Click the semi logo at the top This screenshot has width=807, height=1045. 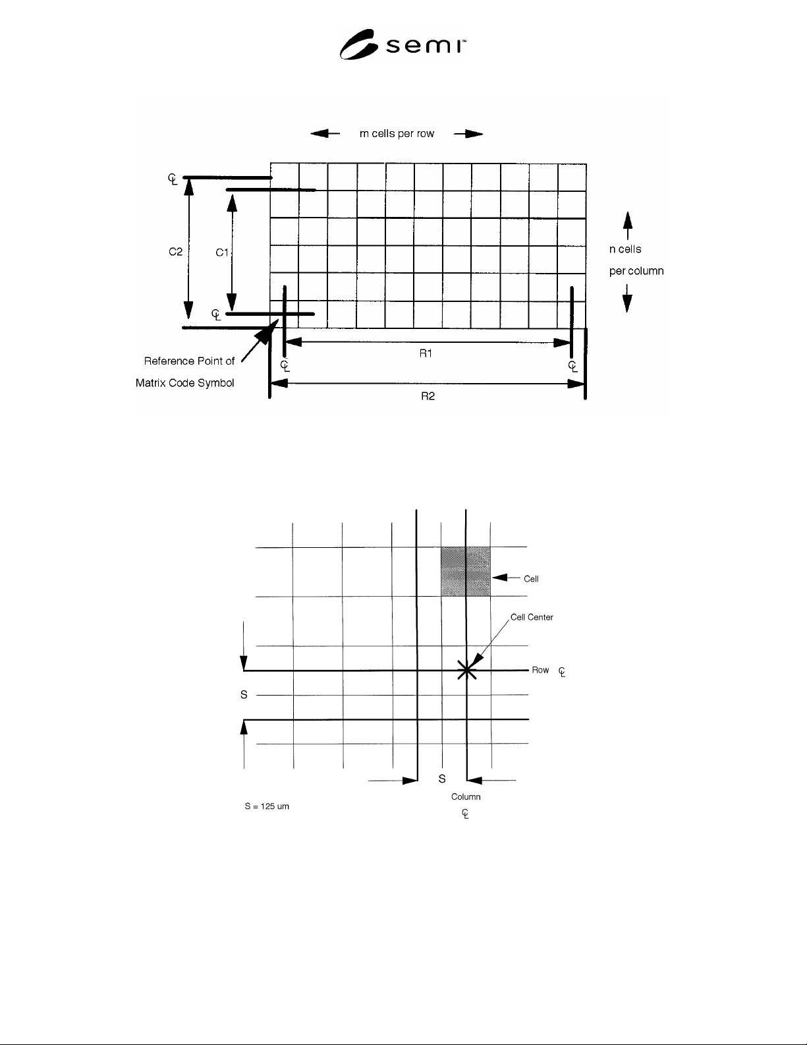403,44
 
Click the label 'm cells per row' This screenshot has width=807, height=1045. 397,134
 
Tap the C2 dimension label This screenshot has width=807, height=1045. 175,251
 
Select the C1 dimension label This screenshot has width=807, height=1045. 221,252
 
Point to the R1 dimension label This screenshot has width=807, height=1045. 426,353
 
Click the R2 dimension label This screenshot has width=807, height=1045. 428,396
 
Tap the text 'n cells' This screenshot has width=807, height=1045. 625,249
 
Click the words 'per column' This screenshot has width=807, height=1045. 636,271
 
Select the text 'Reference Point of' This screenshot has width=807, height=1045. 189,361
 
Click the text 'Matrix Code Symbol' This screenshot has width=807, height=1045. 185,383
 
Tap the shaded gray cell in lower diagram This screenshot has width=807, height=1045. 466,572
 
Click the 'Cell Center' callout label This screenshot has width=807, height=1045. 532,617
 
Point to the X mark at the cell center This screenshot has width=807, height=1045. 466,671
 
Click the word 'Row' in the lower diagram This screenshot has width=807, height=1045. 540,670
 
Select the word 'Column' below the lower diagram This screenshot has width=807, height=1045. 466,796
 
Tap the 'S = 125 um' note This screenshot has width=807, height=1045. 267,806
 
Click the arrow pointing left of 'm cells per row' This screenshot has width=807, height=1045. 325,133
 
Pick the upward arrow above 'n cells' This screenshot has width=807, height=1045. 627,225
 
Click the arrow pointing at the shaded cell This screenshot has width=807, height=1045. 507,577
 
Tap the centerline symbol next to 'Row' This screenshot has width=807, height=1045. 562,672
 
